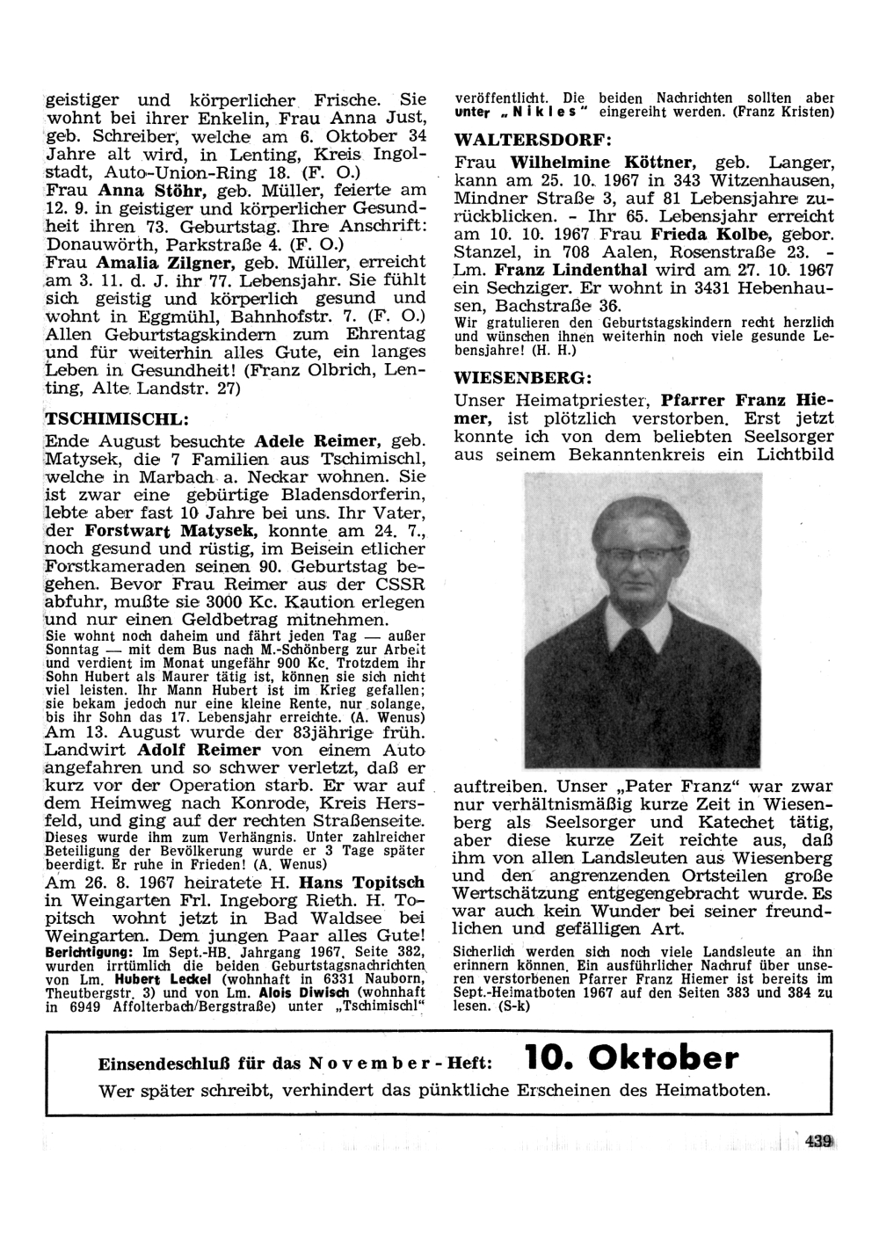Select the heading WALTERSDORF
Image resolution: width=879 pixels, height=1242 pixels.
coord(533,141)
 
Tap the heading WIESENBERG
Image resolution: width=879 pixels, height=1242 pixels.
coord(523,379)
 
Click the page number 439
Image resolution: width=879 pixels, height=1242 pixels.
coord(817,1142)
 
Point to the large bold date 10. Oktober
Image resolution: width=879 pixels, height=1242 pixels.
coord(631,1058)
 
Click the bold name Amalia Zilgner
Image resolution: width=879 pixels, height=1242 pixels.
coord(152,263)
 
